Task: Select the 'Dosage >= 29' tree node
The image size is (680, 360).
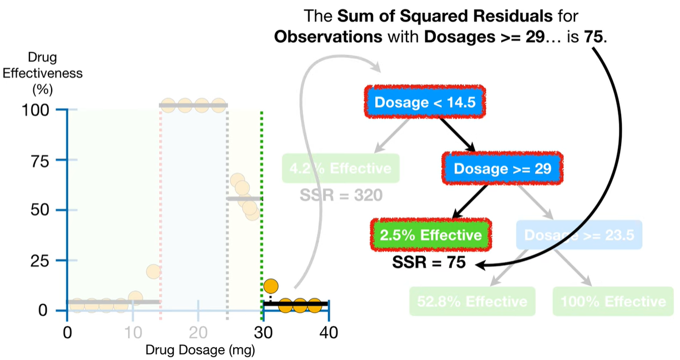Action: click(x=502, y=168)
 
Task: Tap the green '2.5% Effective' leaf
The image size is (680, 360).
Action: click(x=431, y=235)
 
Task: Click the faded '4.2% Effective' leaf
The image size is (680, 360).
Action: click(x=340, y=168)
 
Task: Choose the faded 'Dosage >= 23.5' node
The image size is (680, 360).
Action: click(x=579, y=235)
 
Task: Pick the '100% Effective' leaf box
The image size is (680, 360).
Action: click(x=613, y=301)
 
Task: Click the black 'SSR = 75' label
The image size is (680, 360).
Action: click(x=428, y=262)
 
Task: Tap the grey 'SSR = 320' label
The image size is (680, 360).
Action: click(x=340, y=195)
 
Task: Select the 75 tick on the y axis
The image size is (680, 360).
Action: click(x=42, y=160)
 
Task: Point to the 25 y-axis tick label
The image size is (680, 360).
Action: click(x=42, y=260)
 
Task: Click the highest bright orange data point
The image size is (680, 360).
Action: click(x=271, y=286)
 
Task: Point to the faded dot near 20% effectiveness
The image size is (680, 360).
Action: click(x=153, y=271)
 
